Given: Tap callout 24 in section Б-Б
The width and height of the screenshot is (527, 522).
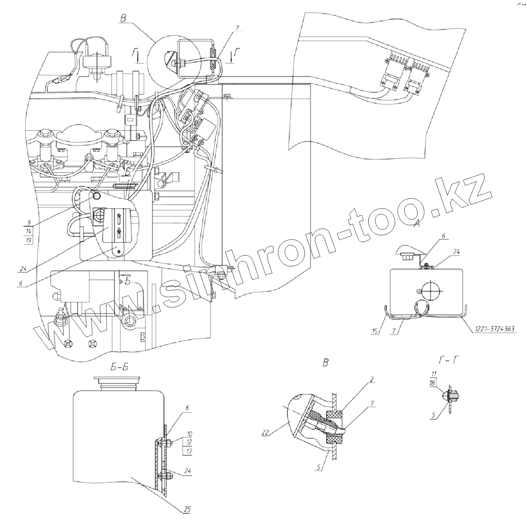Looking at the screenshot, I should [x=188, y=471].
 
